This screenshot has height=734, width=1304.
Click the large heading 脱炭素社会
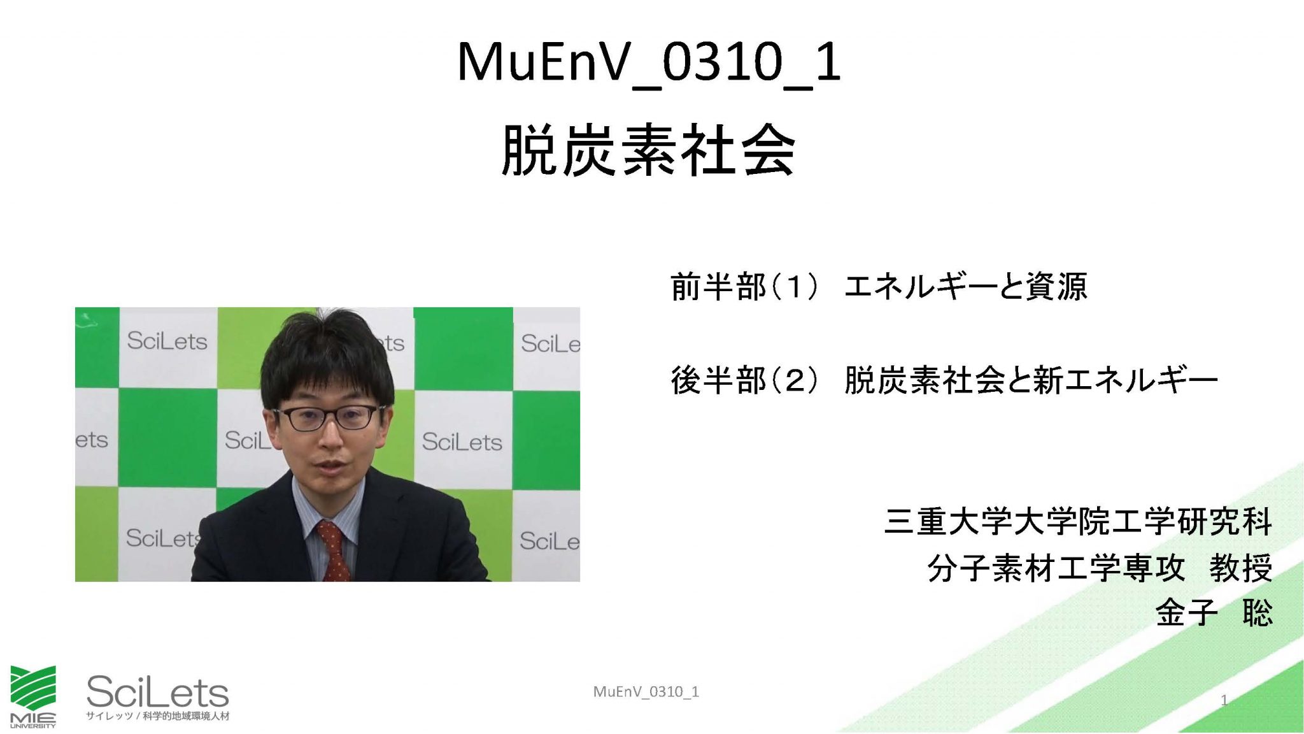(648, 150)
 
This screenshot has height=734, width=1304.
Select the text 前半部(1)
(744, 286)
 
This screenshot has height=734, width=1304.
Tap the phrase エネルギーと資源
(966, 286)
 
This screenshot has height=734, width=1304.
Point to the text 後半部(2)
(744, 380)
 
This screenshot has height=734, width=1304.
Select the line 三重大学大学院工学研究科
(1078, 522)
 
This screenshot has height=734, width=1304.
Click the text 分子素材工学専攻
(1056, 568)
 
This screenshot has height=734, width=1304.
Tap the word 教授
(1241, 568)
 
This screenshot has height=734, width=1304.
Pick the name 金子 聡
(1214, 613)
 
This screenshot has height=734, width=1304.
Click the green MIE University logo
(33, 696)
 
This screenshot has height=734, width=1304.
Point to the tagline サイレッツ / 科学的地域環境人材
(157, 716)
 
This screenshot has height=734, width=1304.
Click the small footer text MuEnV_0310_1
(646, 692)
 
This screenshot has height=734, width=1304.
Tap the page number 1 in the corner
(1224, 701)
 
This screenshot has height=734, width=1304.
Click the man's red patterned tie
(334, 550)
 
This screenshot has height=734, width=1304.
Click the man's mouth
(330, 467)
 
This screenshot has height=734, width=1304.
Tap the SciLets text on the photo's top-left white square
(167, 341)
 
